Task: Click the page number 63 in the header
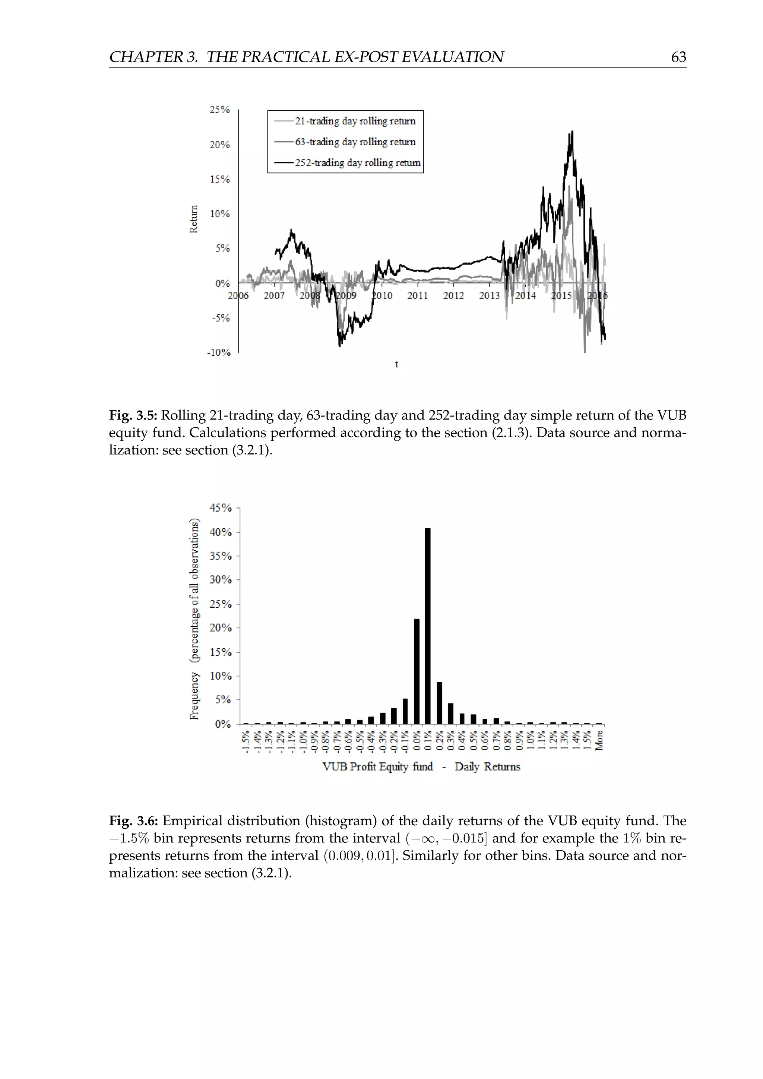tap(678, 57)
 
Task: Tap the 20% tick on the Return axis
tap(219, 145)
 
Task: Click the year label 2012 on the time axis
tap(453, 295)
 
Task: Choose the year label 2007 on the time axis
tap(274, 295)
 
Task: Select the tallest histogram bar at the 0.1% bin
tap(428, 625)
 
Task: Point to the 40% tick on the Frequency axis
tap(220, 532)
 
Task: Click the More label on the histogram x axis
tap(599, 741)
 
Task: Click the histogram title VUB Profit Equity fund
tap(377, 766)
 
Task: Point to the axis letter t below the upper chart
tap(396, 364)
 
